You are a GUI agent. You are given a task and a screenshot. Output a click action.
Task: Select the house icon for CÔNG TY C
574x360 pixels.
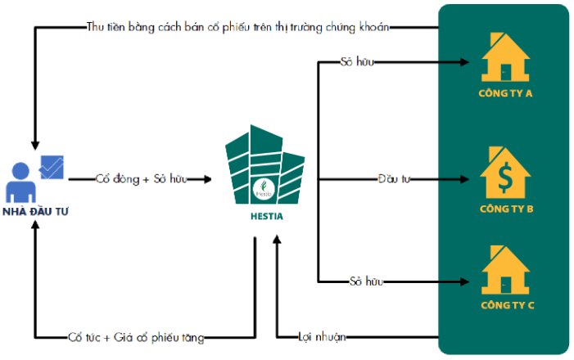pyautogui.click(x=505, y=271)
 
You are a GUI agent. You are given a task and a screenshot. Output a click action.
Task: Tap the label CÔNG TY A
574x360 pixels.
pyautogui.click(x=505, y=93)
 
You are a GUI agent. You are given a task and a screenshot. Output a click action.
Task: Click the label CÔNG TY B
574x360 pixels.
pyautogui.click(x=505, y=209)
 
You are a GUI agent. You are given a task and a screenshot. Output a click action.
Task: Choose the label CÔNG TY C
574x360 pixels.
pyautogui.click(x=505, y=306)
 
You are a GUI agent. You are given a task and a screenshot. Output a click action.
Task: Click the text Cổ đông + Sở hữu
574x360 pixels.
pyautogui.click(x=140, y=178)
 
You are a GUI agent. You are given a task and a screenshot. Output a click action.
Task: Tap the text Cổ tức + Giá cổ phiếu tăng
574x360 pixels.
pyautogui.click(x=135, y=336)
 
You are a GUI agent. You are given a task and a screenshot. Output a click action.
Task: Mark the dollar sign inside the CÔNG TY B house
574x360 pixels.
pyautogui.click(x=505, y=175)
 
